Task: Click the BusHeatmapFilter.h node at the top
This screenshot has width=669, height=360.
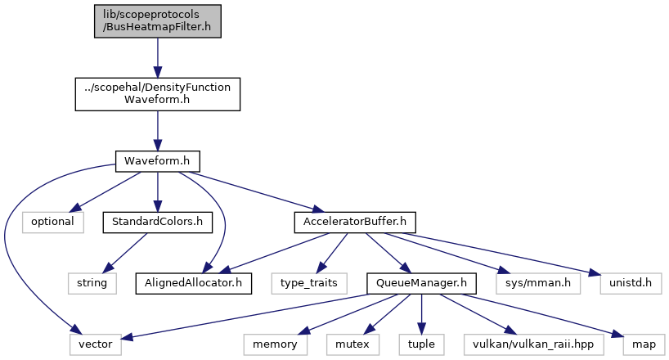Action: point(158,21)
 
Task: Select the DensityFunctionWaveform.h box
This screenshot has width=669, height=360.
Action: point(158,94)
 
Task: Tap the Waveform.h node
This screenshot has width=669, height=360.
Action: point(158,161)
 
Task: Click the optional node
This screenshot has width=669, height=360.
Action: point(53,222)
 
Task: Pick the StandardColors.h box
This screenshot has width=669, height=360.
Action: point(158,222)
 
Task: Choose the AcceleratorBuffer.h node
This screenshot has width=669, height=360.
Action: point(355,222)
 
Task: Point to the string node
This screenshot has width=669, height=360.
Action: point(92,283)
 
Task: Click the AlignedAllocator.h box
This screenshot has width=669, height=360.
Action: point(194,283)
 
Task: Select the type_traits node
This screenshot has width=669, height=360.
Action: point(309,283)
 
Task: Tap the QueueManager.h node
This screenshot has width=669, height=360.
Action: point(421,283)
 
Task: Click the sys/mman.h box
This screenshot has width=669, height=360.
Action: point(538,283)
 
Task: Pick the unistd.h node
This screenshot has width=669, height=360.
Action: point(631,283)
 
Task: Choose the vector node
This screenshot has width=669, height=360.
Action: point(96,344)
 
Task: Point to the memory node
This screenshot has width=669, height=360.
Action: point(275,344)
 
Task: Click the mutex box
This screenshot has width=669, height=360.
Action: point(352,344)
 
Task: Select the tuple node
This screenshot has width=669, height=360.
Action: point(421,344)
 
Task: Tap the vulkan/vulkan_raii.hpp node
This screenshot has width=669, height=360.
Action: point(533,344)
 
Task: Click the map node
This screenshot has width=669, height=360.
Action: point(644,344)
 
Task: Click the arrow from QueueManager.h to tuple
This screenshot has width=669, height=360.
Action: point(421,314)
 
